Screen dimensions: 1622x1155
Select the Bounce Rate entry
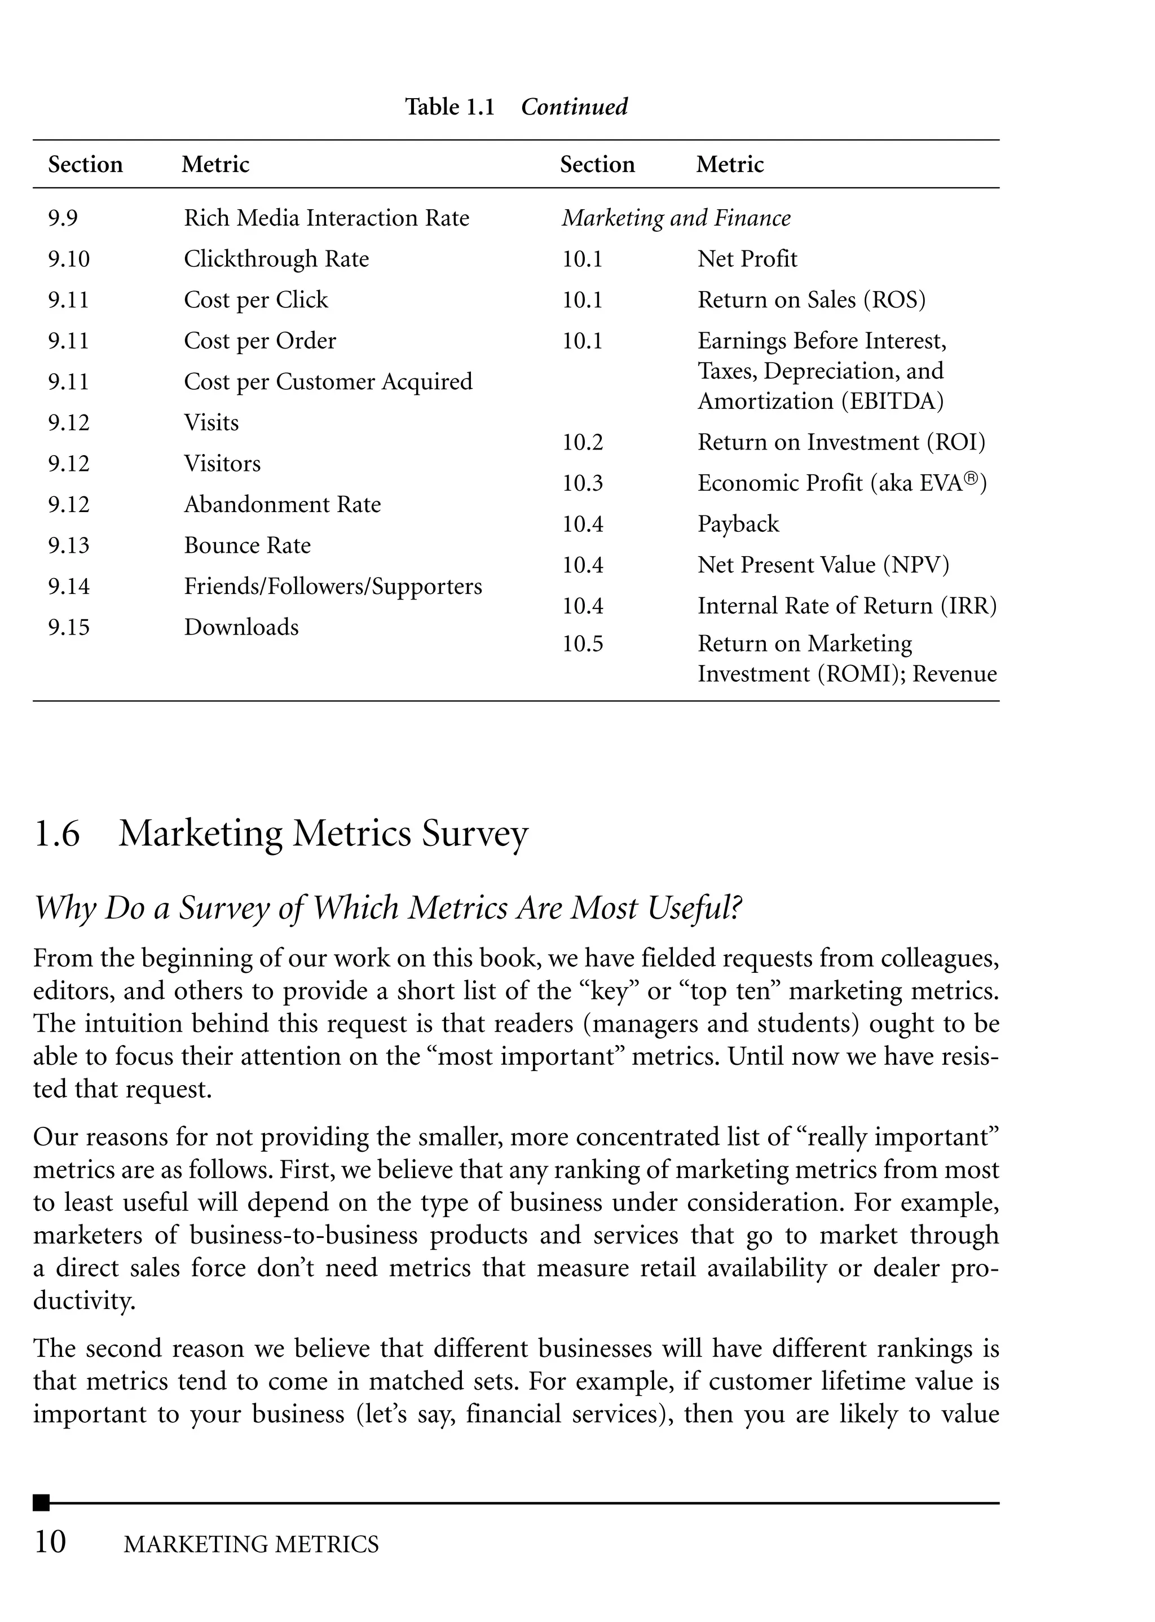tap(247, 545)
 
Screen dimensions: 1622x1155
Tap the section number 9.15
tap(68, 627)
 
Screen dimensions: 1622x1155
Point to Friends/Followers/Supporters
tap(332, 587)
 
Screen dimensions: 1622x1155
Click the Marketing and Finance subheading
tap(676, 218)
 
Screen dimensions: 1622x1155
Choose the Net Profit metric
tap(747, 259)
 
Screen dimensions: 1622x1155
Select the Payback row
tap(738, 524)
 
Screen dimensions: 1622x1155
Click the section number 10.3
tap(582, 483)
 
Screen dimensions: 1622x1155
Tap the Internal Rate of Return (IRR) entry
tap(847, 606)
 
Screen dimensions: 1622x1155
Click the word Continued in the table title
tap(574, 107)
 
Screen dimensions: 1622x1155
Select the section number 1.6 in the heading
tap(57, 834)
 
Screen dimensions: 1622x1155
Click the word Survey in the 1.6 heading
tap(474, 834)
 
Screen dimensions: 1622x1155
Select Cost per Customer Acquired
tap(328, 382)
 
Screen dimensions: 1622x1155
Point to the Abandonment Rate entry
tap(283, 505)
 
